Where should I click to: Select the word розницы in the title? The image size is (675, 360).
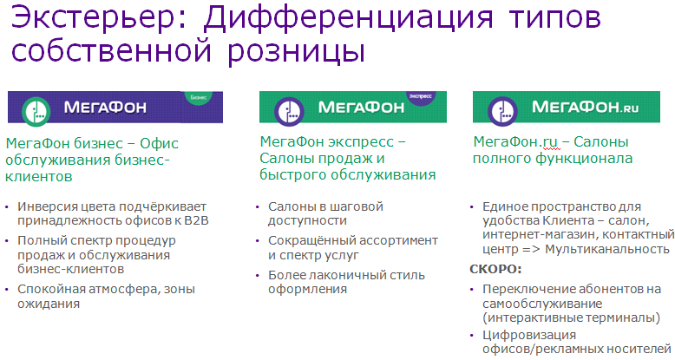296,51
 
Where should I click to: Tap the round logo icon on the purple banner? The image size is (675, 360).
36,112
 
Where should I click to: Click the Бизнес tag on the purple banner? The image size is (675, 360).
199,97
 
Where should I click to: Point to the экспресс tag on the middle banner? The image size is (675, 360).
420,96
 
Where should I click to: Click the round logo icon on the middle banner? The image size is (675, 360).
289,112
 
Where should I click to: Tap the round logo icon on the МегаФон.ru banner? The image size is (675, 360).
502,111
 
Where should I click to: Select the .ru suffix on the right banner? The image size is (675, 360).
628,108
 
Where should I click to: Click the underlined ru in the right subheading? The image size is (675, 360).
550,141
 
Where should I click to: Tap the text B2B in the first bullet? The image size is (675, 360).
196,220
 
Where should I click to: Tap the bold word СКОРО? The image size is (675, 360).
495,269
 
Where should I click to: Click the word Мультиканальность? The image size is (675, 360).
607,249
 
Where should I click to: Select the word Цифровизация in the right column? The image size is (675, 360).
529,335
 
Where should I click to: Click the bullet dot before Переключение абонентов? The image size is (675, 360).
472,290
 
